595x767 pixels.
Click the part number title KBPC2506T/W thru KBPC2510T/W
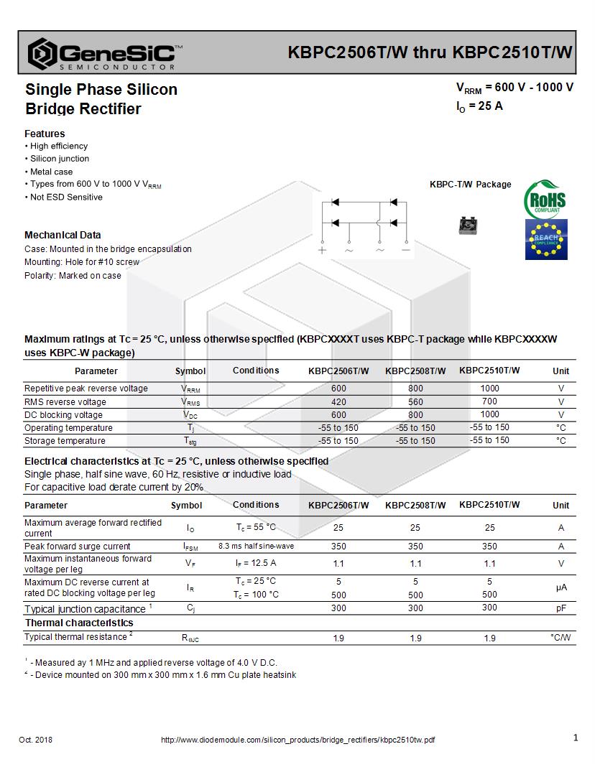tap(430, 52)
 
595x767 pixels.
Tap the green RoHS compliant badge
tap(545, 200)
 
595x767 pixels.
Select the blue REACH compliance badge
tap(546, 239)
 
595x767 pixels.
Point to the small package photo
tap(468, 226)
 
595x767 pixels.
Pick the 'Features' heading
tap(45, 134)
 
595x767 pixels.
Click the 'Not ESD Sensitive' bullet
tap(65, 197)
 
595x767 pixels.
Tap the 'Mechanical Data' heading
tap(63, 235)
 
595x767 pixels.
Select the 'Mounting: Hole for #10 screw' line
tap(82, 262)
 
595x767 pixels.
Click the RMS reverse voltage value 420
tap(338, 402)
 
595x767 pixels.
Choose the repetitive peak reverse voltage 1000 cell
tap(489, 389)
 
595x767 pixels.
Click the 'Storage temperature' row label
tap(65, 441)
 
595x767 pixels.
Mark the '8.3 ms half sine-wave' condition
tap(256, 547)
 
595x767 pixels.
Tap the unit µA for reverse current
tap(561, 587)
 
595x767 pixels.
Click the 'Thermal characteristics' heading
tap(79, 623)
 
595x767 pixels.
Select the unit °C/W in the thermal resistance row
tap(561, 638)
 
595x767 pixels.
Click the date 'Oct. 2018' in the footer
tap(35, 740)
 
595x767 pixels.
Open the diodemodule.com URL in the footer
tap(297, 740)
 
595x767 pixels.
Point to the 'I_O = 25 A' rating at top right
tap(479, 106)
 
